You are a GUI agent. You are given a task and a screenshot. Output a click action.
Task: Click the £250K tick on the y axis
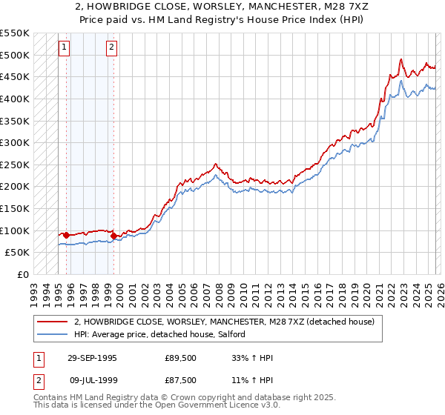15,165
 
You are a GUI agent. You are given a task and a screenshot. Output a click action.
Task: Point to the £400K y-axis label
15,99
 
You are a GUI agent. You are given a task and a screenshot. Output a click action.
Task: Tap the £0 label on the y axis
22,274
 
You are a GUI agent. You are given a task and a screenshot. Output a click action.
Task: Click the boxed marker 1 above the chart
65,47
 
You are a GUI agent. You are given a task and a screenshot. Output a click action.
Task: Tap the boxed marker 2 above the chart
111,47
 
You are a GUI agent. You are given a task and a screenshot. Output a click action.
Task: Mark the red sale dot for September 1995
67,235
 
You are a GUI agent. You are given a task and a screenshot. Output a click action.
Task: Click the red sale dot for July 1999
113,236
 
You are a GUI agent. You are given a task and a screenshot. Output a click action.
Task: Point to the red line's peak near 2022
400,59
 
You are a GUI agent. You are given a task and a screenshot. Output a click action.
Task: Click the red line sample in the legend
52,322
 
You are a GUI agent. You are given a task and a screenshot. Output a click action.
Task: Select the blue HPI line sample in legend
52,334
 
